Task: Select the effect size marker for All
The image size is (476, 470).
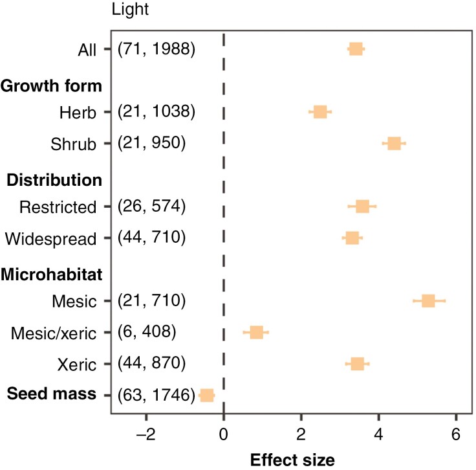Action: coord(356,49)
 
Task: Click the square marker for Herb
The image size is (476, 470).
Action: coord(320,112)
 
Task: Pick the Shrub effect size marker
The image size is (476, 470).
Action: coord(394,144)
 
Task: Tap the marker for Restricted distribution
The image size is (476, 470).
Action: coord(362,207)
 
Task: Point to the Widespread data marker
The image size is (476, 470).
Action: coord(352,238)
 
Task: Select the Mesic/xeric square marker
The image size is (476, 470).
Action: coord(256,333)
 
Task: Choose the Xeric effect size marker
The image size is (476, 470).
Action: coord(357,364)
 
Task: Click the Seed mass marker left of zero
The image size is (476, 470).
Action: coord(207,396)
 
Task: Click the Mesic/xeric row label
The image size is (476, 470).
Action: coord(54,334)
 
